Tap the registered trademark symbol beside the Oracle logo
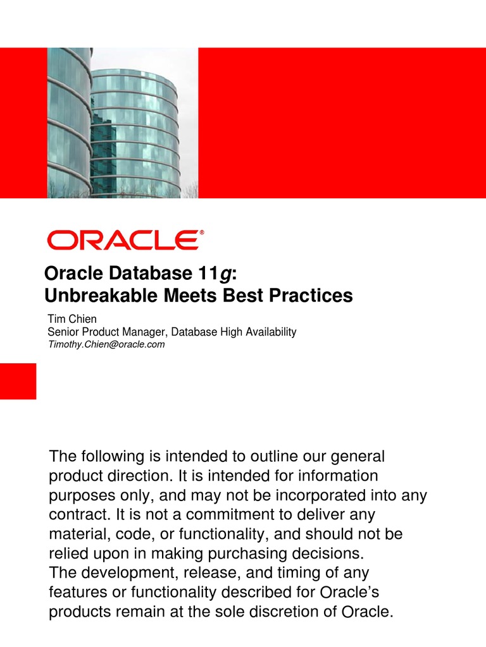coord(202,233)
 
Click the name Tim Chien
coord(72,319)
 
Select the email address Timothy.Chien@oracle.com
coord(106,344)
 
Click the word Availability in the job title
coord(268,332)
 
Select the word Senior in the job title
coord(63,332)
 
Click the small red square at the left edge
coord(18,381)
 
